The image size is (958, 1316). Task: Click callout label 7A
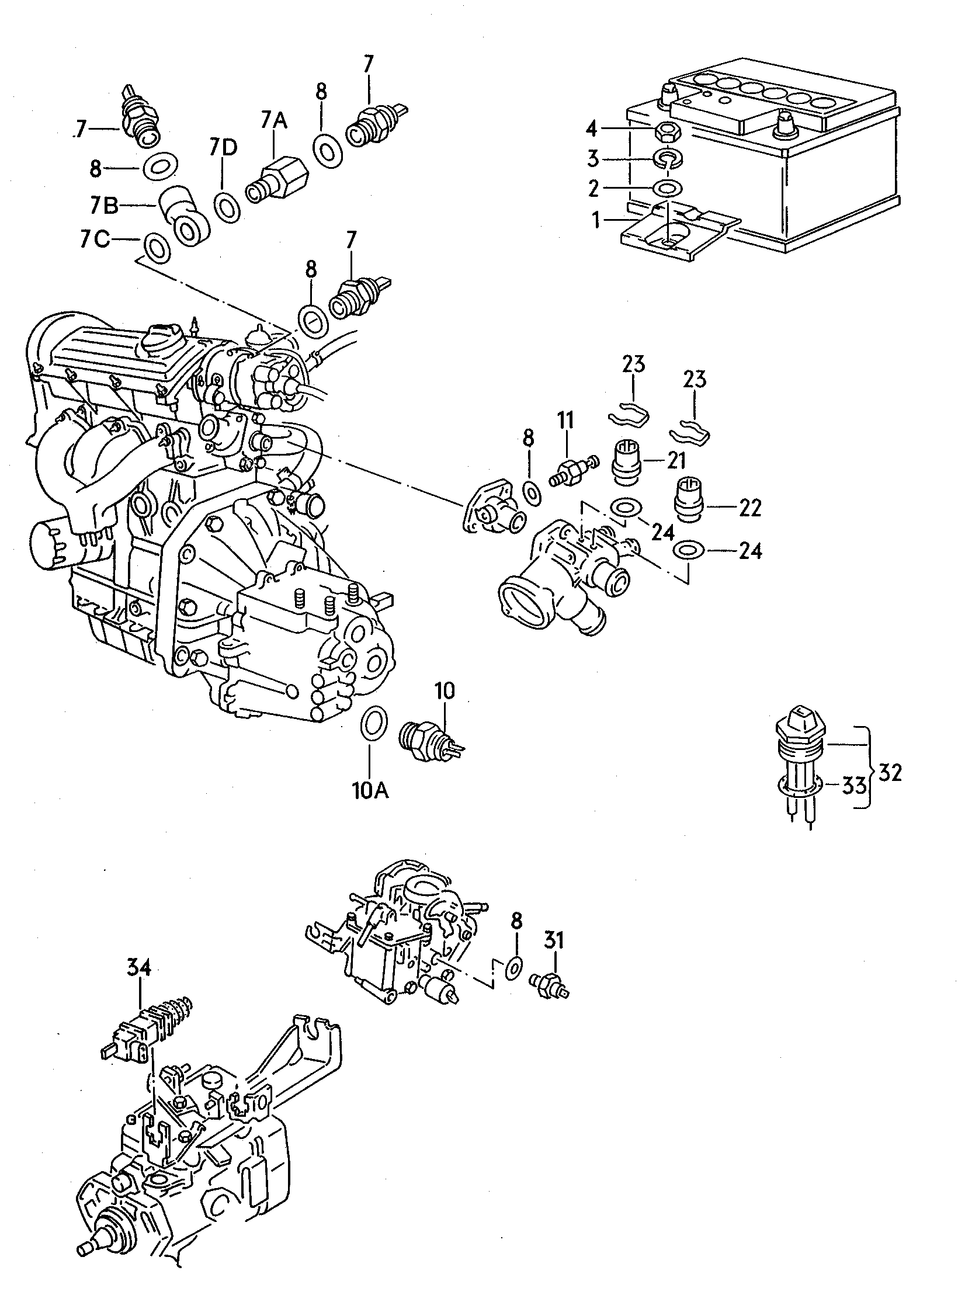pos(273,120)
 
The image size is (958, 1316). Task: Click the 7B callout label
pos(104,206)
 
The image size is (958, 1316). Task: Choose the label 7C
pos(95,240)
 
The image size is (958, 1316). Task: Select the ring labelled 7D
pos(225,206)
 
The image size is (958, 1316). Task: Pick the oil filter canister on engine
pos(54,542)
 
